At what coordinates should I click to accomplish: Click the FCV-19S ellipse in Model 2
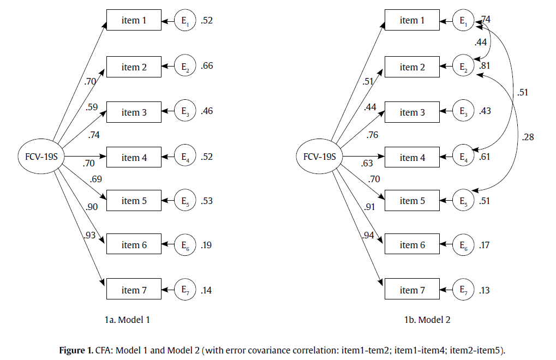[x=319, y=158]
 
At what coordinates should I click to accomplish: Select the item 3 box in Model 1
[x=134, y=112]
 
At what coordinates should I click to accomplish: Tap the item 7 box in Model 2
[x=412, y=290]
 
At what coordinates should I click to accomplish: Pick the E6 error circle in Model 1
[x=184, y=245]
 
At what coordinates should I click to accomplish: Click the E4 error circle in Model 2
[x=463, y=158]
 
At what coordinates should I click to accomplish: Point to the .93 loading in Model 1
[x=90, y=235]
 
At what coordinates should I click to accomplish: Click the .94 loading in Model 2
[x=369, y=235]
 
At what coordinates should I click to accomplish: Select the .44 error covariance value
[x=481, y=42]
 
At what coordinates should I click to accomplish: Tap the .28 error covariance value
[x=527, y=137]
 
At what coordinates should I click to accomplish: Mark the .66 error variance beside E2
[x=207, y=67]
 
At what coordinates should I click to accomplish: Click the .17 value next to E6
[x=485, y=245]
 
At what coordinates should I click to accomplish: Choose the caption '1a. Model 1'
[x=127, y=320]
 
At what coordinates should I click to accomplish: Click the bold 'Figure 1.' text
[x=76, y=350]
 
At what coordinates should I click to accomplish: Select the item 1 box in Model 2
[x=412, y=21]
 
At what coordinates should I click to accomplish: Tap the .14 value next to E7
[x=206, y=290]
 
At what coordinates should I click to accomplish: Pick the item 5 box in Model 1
[x=134, y=201]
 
